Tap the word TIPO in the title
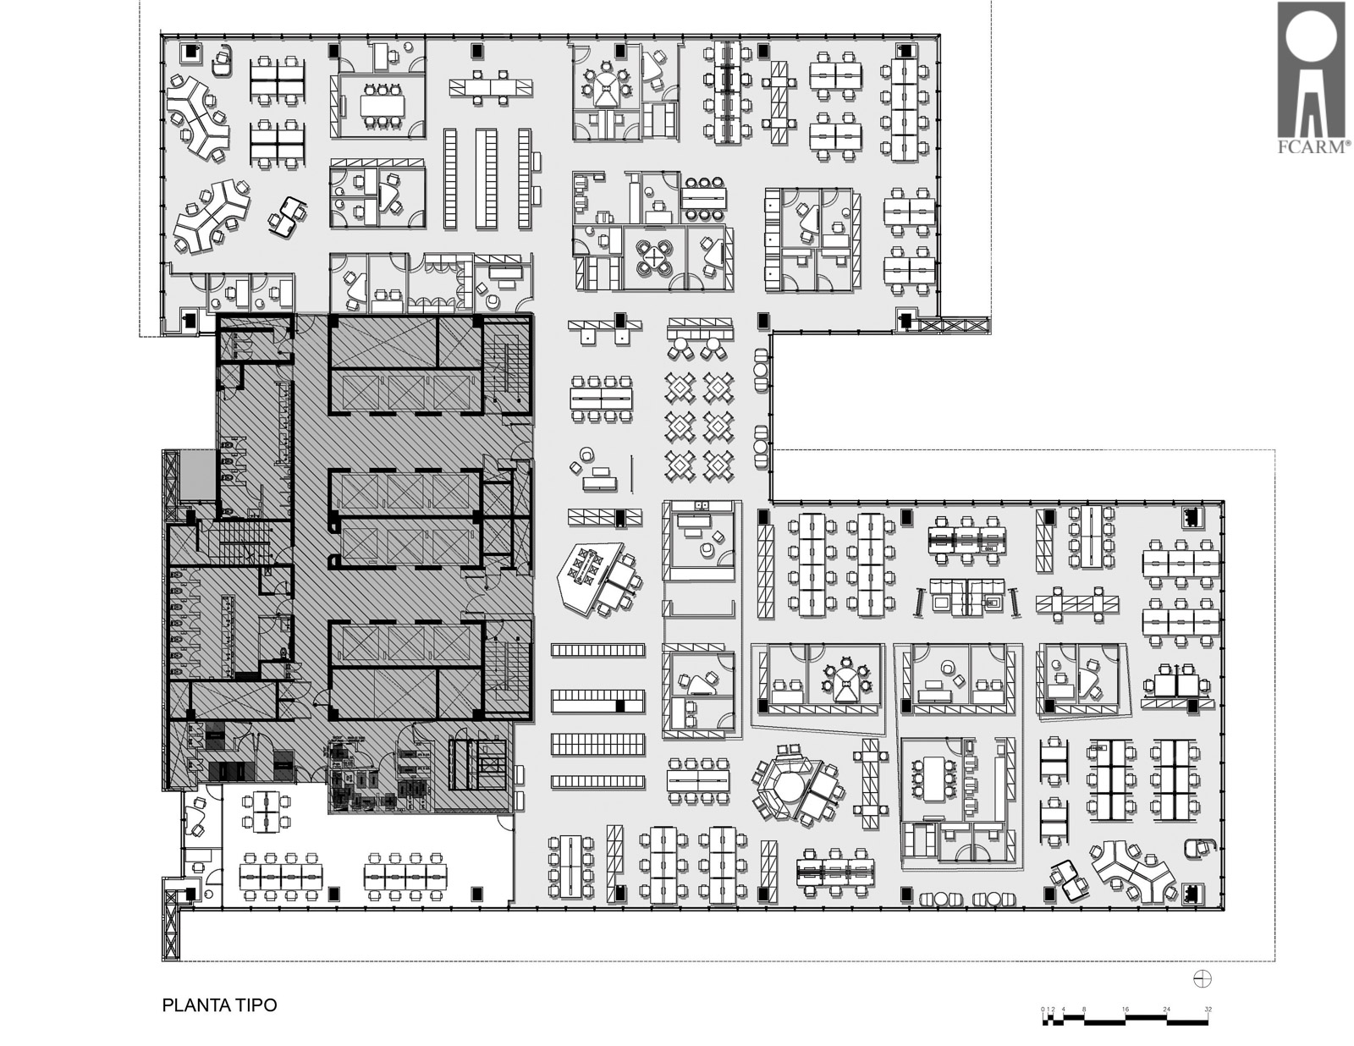point(256,1005)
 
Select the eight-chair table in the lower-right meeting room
point(933,779)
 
